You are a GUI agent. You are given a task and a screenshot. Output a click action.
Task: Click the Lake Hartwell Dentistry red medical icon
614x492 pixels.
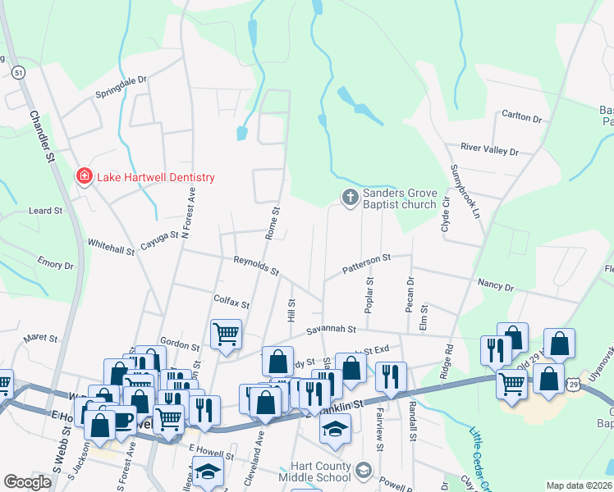tap(83, 177)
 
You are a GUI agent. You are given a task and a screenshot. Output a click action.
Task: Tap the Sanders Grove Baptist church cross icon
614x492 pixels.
tap(350, 197)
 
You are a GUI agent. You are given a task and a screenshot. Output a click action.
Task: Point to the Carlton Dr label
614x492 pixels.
tap(521, 118)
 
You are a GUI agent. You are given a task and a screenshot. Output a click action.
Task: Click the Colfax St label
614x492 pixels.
tap(231, 302)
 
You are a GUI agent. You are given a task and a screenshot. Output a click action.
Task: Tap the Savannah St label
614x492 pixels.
tap(331, 330)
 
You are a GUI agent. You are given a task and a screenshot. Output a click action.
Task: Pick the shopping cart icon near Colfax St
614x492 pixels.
tap(226, 333)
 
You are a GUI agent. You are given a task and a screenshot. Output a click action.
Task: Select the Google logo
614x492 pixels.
tap(28, 482)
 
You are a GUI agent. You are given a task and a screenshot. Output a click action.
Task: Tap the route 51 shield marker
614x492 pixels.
tap(19, 73)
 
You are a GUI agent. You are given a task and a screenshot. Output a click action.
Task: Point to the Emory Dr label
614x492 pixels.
tap(56, 264)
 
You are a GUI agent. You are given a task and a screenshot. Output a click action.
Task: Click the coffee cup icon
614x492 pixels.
tap(122, 421)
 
